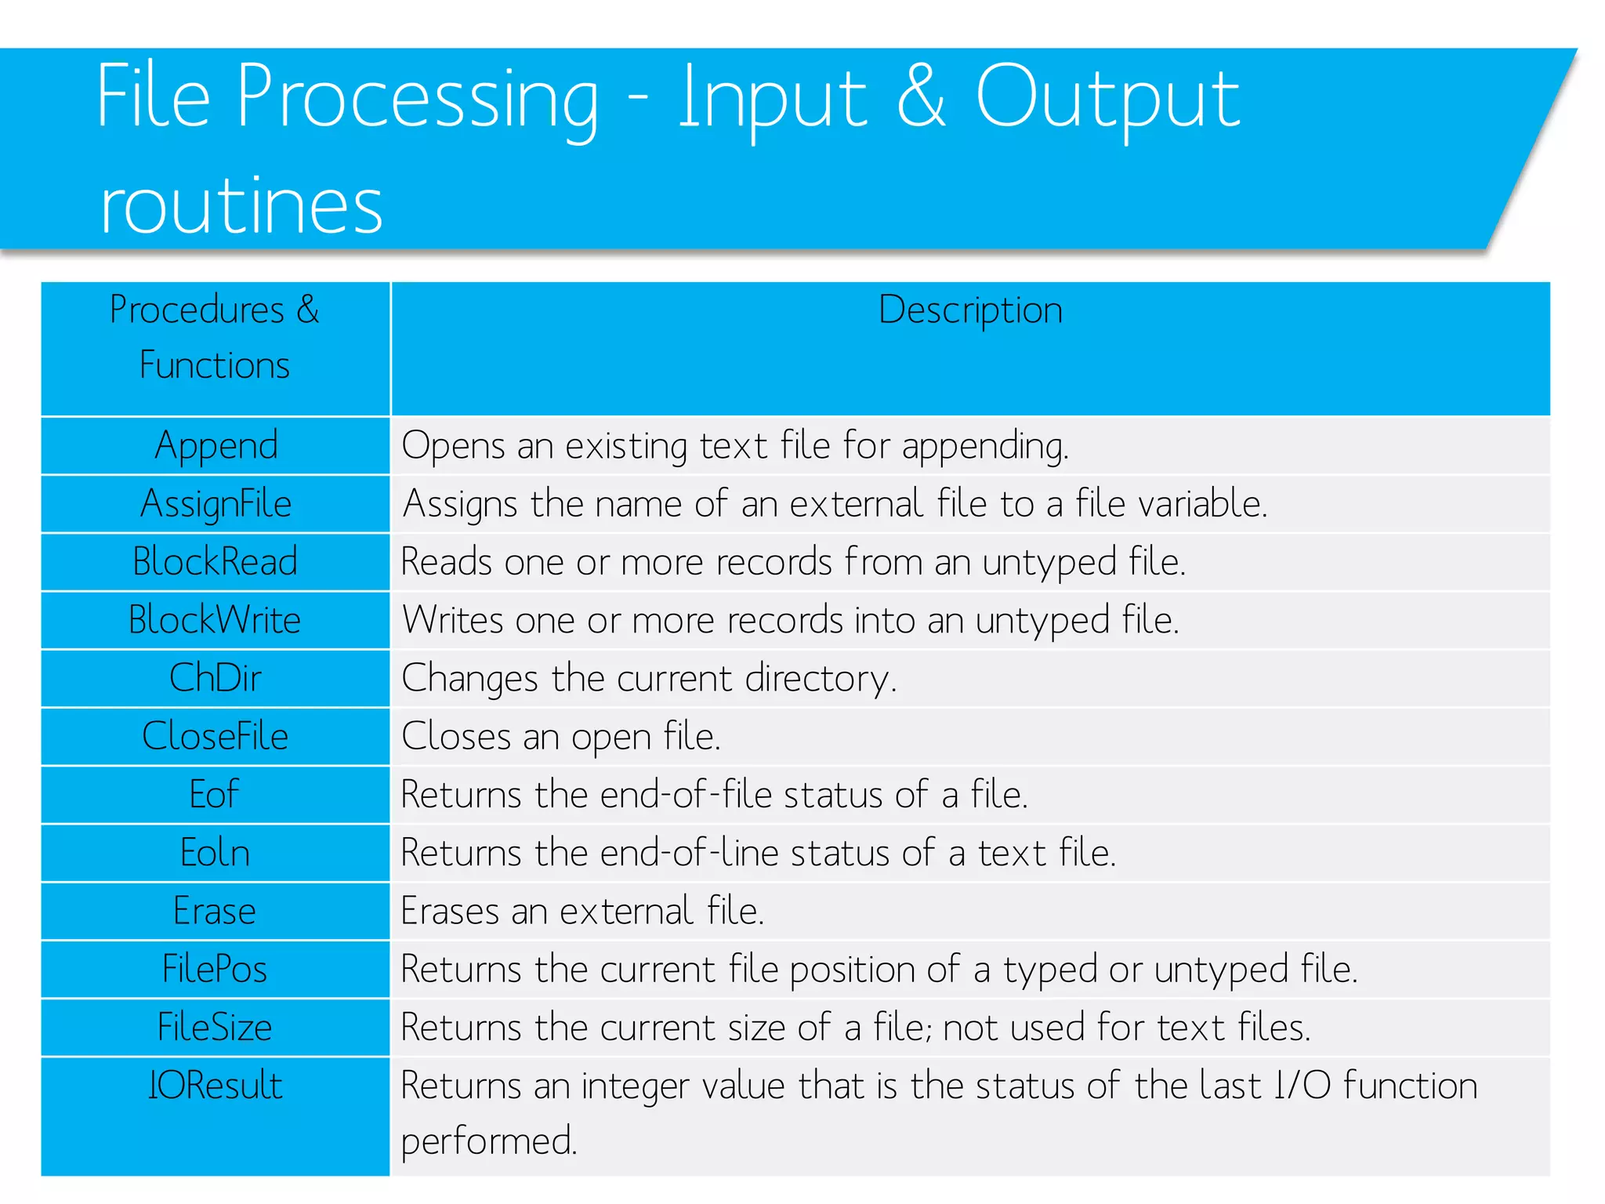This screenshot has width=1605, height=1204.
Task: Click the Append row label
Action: pyautogui.click(x=216, y=446)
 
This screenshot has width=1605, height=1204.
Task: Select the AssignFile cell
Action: pyautogui.click(x=216, y=504)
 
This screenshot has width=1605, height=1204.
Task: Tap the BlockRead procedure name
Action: pyautogui.click(x=216, y=562)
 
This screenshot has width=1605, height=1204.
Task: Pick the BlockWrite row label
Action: pyautogui.click(x=216, y=620)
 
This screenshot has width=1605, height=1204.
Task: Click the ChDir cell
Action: pyautogui.click(x=216, y=678)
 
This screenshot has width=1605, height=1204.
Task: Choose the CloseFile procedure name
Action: pyautogui.click(x=216, y=736)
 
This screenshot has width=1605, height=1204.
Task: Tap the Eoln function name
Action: pyautogui.click(x=216, y=853)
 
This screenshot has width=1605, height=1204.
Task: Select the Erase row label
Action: pyautogui.click(x=215, y=911)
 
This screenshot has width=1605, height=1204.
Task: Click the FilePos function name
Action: pyautogui.click(x=215, y=969)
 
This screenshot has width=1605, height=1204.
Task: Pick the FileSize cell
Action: pyautogui.click(x=215, y=1027)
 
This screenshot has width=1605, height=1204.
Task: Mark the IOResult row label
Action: pyautogui.click(x=216, y=1086)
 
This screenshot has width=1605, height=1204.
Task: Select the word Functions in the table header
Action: pyautogui.click(x=215, y=365)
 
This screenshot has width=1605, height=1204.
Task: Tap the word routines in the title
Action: pyautogui.click(x=241, y=205)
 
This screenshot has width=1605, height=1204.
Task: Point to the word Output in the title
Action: pyautogui.click(x=1107, y=98)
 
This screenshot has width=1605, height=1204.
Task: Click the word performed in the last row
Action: pyautogui.click(x=489, y=1141)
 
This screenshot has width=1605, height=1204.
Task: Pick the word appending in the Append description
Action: pyautogui.click(x=984, y=447)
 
